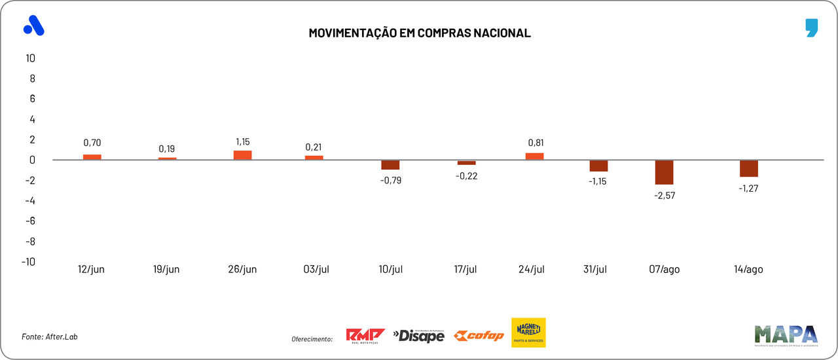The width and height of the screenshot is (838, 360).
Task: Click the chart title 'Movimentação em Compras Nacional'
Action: click(420, 33)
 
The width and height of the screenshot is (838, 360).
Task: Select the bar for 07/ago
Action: click(664, 172)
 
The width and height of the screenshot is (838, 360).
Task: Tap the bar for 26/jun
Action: click(243, 155)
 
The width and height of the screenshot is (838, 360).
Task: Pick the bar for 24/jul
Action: click(535, 156)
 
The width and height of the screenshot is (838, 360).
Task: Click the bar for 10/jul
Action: click(390, 165)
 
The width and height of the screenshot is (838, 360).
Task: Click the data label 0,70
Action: click(92, 143)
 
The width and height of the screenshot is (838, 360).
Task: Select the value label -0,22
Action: click(466, 175)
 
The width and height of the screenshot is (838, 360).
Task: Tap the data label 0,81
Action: click(536, 143)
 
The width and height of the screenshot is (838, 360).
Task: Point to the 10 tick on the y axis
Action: click(30, 58)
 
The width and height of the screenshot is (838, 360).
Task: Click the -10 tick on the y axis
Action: click(28, 261)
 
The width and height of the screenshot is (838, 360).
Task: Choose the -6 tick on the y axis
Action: click(29, 221)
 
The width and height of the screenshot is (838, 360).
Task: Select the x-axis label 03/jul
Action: click(316, 270)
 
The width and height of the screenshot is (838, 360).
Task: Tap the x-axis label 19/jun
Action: click(166, 270)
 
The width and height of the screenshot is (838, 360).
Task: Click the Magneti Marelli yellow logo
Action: click(528, 333)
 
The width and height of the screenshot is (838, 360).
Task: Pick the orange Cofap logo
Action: click(479, 336)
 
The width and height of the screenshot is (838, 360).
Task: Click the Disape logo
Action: click(419, 336)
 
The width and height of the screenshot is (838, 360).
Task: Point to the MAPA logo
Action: click(786, 335)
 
